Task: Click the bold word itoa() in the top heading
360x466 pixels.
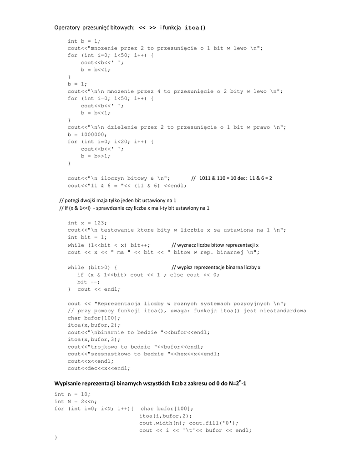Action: click(195, 28)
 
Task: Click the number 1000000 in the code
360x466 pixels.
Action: click(94, 135)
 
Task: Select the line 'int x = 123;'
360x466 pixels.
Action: click(87, 223)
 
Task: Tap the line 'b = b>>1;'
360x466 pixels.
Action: click(96, 156)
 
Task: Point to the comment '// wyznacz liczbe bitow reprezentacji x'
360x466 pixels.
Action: click(215, 245)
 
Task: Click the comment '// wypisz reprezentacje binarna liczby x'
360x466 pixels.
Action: click(216, 268)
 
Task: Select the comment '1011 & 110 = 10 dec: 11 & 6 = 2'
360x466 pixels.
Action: click(235, 178)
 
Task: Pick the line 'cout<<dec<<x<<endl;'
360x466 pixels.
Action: click(99, 368)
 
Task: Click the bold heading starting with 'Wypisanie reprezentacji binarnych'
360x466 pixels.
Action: click(151, 384)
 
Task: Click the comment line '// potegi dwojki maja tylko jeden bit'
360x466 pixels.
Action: click(118, 200)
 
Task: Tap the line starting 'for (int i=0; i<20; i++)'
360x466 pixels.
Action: click(111, 142)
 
